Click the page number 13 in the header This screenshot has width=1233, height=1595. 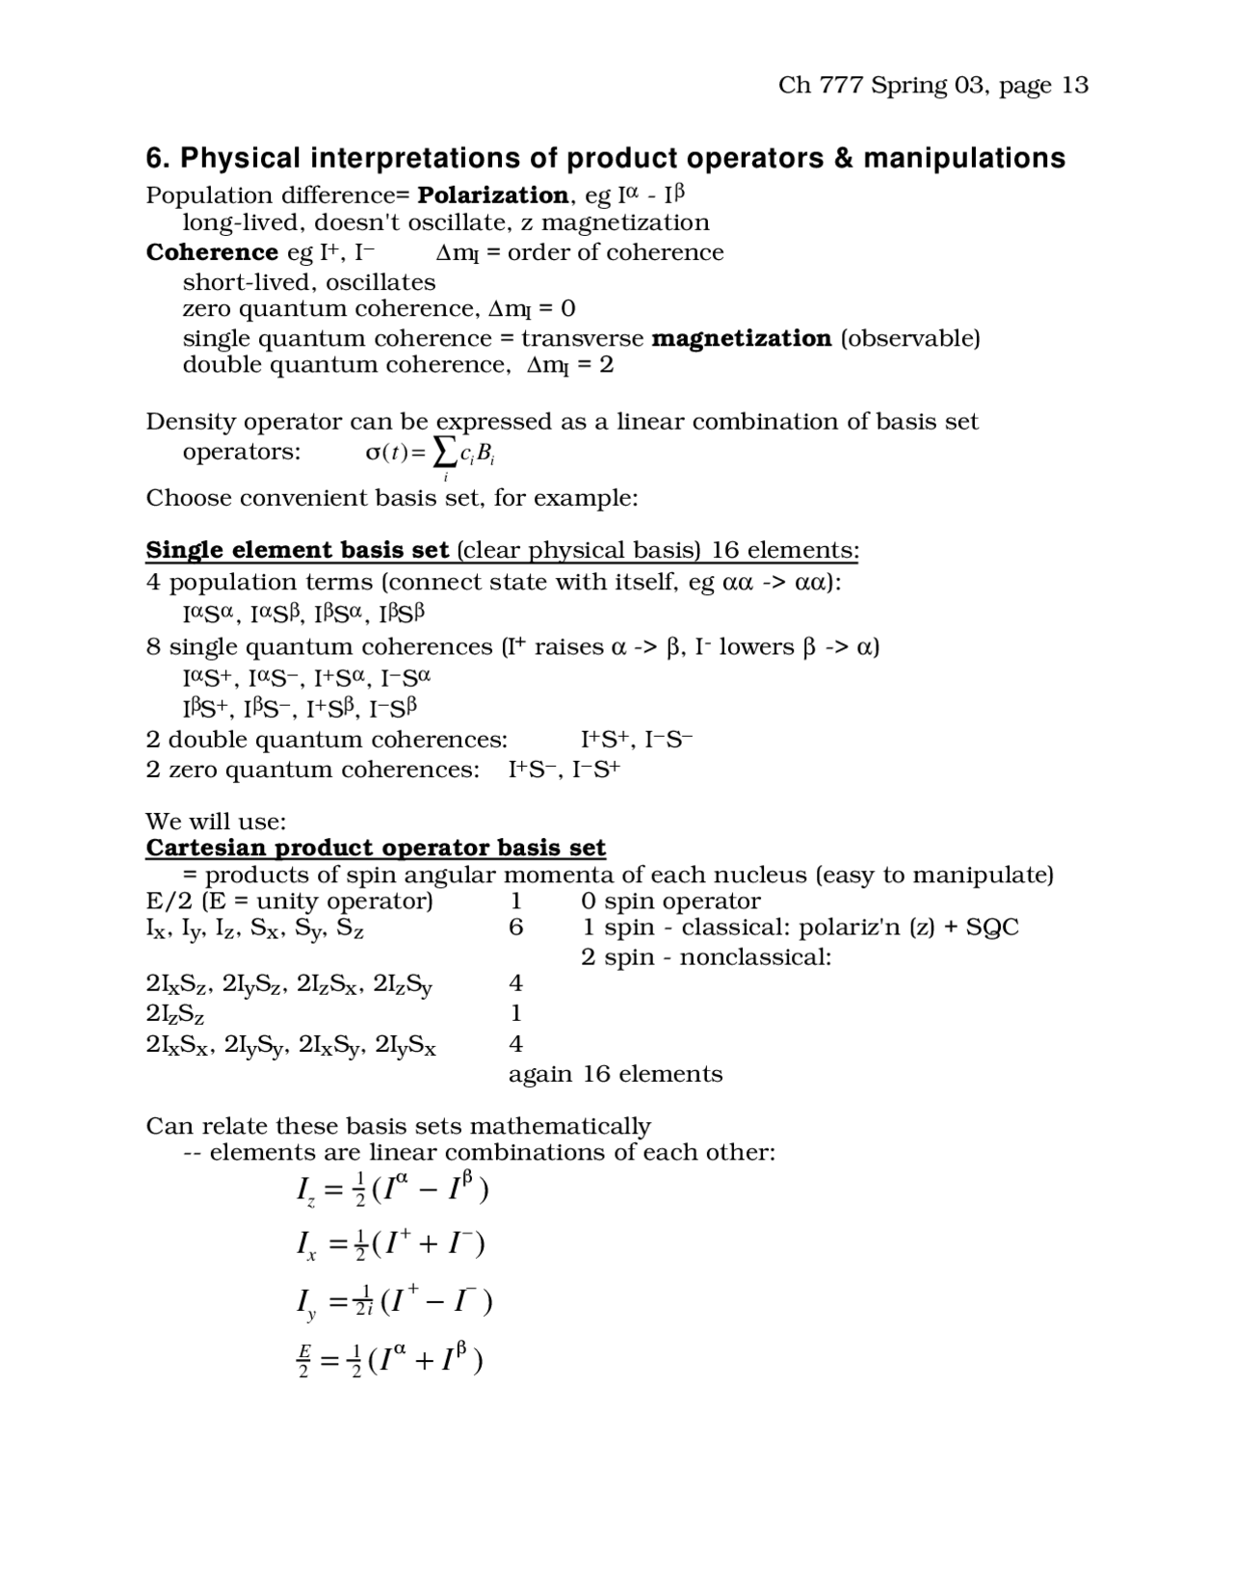pos(1075,86)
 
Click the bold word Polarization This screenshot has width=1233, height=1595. pos(492,196)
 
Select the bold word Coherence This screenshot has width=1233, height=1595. pos(211,252)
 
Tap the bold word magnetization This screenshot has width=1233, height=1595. pos(741,338)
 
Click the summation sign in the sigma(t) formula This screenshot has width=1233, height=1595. pos(444,450)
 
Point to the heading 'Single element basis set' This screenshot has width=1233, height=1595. pos(297,550)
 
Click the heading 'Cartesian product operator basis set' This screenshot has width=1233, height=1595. pos(375,848)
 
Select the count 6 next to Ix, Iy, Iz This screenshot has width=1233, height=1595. pos(516,928)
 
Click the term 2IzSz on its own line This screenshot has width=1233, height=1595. pos(174,1013)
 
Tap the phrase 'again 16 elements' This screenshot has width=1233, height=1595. pos(615,1074)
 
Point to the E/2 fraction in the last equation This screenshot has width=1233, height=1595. pos(303,1360)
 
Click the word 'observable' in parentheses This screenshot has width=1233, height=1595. pos(910,338)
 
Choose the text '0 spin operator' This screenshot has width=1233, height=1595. pos(670,902)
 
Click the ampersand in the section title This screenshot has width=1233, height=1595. pos(844,158)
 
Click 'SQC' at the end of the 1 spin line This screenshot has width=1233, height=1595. pos(991,928)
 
